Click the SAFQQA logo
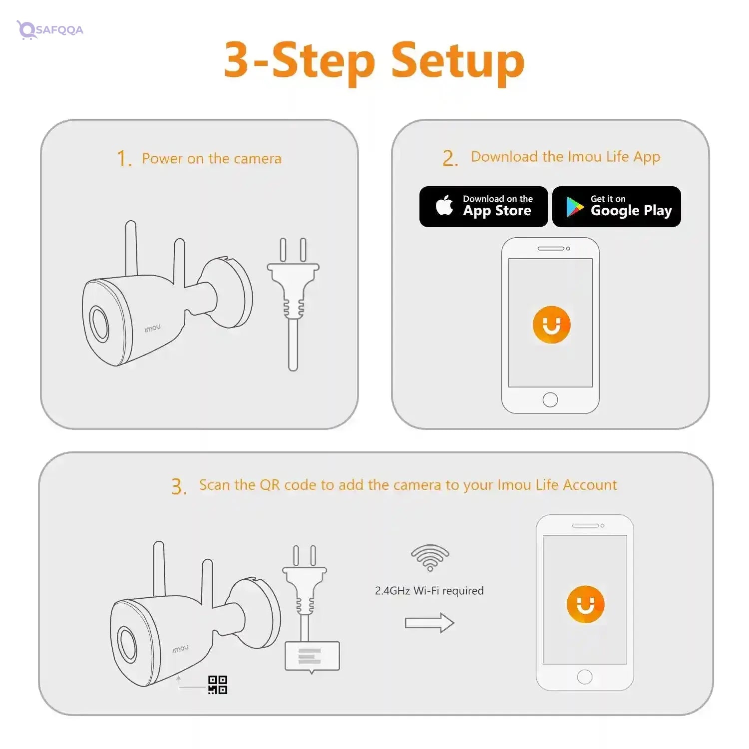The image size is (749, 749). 50,29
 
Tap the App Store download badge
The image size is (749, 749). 483,207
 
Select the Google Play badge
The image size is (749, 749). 617,207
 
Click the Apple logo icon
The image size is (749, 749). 444,205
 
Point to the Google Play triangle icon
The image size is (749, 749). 575,207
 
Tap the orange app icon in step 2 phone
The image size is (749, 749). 551,325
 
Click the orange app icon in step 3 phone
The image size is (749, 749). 585,604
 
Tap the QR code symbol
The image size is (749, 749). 218,685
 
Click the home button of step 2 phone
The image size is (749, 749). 550,399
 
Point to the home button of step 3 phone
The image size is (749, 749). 585,677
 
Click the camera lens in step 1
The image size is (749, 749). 99,323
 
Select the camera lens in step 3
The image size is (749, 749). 127,644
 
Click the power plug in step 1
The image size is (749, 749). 293,304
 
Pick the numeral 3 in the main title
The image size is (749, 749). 237,60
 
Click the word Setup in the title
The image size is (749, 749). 457,64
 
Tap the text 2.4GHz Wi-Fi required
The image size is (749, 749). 429,591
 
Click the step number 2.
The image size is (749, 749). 450,158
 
